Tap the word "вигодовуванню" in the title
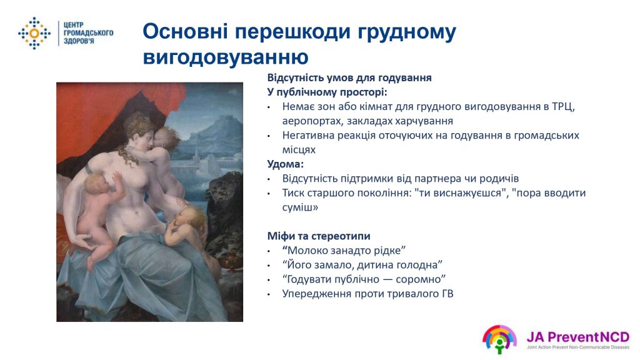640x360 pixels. coord(226,57)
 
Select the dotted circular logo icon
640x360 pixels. coord(34,34)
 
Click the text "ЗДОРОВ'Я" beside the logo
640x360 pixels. coord(79,41)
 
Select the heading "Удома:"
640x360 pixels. coord(285,164)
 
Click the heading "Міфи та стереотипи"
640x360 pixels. coord(319,236)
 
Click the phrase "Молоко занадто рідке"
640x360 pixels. coord(344,251)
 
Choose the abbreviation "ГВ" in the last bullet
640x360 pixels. coord(447,294)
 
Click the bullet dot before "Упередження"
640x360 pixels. coord(269,294)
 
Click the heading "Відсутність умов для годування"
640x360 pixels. coord(349,78)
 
